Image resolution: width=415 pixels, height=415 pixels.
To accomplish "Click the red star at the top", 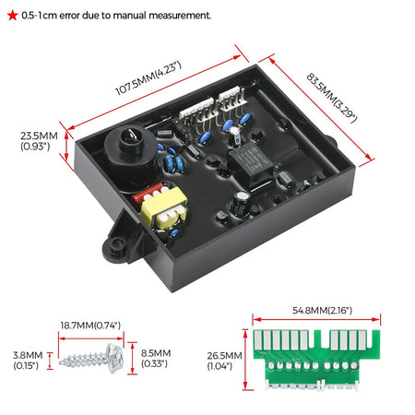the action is click(x=13, y=15).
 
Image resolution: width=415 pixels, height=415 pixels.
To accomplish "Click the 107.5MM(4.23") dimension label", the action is click(x=148, y=78).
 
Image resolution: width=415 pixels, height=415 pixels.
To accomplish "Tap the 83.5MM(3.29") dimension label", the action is click(x=332, y=98).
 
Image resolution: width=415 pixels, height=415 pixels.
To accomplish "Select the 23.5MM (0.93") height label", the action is click(x=39, y=141).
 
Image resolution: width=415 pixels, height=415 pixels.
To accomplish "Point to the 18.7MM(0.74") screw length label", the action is click(x=90, y=326).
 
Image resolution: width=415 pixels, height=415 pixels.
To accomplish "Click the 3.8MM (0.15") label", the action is click(x=28, y=361).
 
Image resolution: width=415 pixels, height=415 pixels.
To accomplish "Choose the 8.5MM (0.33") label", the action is click(x=156, y=359).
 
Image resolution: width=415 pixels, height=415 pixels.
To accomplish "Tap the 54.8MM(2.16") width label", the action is click(x=322, y=311).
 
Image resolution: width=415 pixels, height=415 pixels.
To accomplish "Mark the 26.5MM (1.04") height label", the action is click(x=224, y=361).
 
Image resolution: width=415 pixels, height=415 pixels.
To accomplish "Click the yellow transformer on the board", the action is click(x=164, y=207).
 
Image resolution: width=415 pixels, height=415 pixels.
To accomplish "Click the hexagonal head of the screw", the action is click(x=115, y=358).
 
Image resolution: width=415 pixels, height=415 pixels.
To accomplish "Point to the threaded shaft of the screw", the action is click(x=83, y=360).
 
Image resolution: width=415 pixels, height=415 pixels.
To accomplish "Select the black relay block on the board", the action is click(x=250, y=164).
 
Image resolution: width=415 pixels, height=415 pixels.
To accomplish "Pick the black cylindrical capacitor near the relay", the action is click(x=241, y=202).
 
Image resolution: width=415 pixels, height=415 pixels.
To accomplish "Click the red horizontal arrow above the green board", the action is click(x=316, y=320).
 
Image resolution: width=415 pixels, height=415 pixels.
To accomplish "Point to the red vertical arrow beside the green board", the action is click(x=245, y=360).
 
